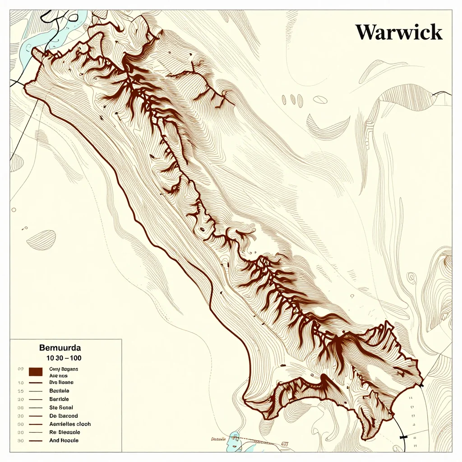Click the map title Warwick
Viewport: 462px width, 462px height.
(x=399, y=32)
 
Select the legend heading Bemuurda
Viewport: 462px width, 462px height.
(x=60, y=348)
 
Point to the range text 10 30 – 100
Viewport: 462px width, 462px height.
(x=64, y=357)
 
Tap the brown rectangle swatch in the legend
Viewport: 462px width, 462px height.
(x=35, y=372)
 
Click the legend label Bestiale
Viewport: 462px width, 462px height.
(x=59, y=390)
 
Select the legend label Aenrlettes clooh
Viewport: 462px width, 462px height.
(x=69, y=424)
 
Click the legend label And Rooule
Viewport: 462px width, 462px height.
(x=63, y=440)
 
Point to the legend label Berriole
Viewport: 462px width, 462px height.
(x=59, y=399)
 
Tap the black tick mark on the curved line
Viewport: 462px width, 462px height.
(x=402, y=437)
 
